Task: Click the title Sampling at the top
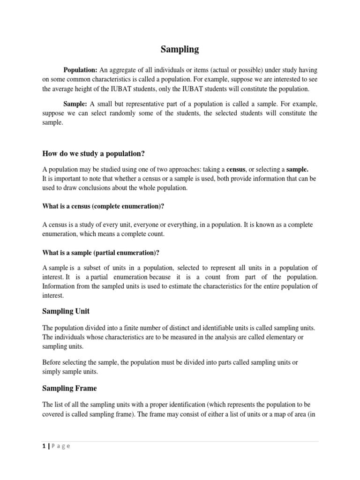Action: [x=180, y=49]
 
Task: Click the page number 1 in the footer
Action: [x=43, y=446]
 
